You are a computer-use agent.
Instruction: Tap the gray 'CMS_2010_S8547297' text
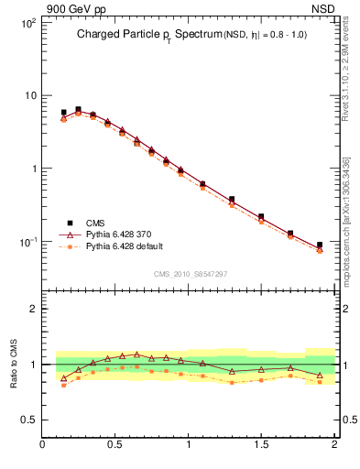click(x=190, y=274)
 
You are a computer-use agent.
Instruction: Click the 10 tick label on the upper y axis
click(x=28, y=95)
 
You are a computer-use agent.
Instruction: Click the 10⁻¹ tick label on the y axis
click(x=25, y=242)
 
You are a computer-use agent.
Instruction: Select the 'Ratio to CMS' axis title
click(x=14, y=365)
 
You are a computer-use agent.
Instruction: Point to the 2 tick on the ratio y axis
click(x=32, y=310)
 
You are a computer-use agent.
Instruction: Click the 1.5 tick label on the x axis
click(x=262, y=445)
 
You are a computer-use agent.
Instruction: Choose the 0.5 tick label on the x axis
click(x=115, y=445)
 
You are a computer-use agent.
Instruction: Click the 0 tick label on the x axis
click(x=43, y=445)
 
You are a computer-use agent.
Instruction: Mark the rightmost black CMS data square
click(x=320, y=245)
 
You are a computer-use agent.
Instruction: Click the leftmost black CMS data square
click(x=63, y=113)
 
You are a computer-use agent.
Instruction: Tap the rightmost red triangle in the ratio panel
click(x=320, y=376)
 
